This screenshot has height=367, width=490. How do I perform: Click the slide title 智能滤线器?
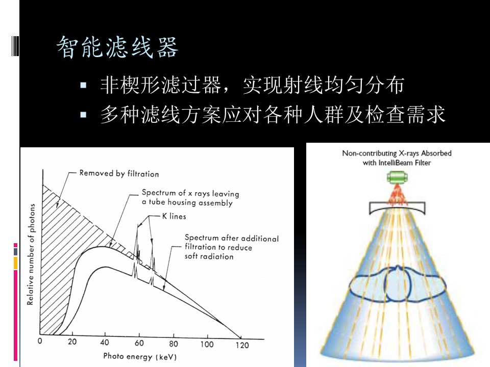click(117, 47)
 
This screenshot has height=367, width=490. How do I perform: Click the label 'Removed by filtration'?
click(119, 174)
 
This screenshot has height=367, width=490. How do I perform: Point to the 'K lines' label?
click(175, 216)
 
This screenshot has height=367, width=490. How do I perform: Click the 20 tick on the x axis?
click(72, 342)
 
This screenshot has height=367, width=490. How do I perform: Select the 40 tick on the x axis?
click(106, 342)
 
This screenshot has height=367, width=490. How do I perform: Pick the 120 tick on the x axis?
click(242, 345)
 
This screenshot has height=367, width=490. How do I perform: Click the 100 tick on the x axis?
click(207, 344)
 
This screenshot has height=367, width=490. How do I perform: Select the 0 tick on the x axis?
click(40, 341)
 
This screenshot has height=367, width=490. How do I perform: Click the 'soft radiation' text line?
click(209, 256)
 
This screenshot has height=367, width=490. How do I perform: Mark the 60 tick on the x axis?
click(139, 343)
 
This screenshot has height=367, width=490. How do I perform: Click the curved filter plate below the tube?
click(396, 208)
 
